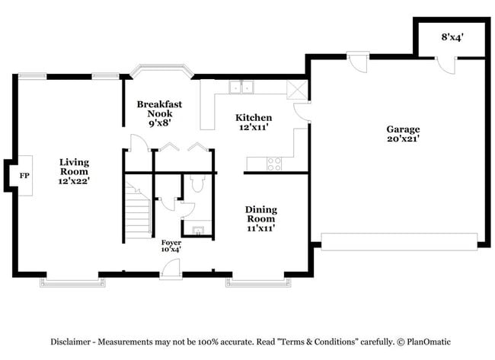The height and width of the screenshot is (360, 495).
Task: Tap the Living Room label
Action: click(75, 172)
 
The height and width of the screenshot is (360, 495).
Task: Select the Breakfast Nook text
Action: click(155, 113)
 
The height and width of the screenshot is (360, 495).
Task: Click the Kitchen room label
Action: click(254, 122)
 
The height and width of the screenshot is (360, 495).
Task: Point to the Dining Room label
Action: click(260, 218)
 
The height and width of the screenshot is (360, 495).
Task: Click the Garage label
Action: click(403, 134)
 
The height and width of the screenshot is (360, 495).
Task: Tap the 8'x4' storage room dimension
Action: click(453, 36)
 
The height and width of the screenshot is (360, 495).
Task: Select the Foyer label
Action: click(171, 244)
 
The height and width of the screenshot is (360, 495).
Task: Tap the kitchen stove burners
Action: click(274, 163)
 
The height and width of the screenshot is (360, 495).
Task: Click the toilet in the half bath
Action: click(197, 183)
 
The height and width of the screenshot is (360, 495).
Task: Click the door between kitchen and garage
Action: click(302, 111)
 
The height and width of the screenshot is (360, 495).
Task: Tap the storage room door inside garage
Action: click(443, 66)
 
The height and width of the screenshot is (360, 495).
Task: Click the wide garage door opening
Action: click(399, 242)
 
